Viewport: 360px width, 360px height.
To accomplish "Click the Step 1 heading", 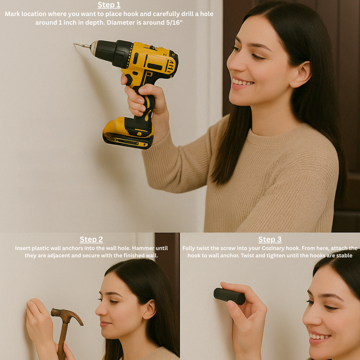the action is [109, 5].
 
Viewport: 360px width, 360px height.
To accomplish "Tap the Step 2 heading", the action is [91, 239].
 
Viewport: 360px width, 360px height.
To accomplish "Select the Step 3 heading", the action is [270, 239].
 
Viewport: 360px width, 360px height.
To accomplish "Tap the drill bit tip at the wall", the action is [74, 44].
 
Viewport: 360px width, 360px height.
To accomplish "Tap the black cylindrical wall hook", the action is [229, 296].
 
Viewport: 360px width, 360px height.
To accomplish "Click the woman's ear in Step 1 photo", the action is [303, 75].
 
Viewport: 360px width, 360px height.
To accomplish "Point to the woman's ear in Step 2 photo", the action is [149, 310].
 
